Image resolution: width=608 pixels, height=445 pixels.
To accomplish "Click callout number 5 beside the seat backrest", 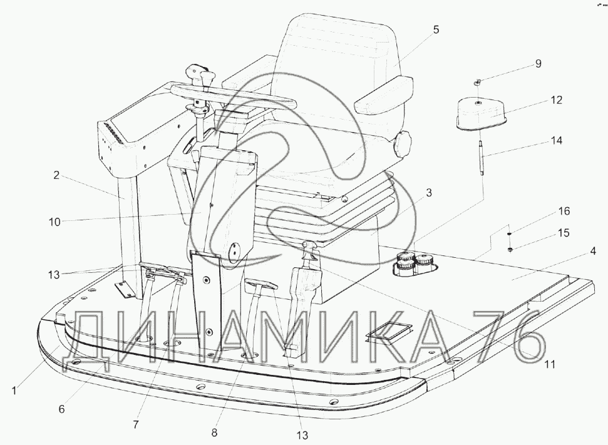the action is coord(436,29).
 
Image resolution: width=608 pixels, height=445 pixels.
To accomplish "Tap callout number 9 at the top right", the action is coord(538,64).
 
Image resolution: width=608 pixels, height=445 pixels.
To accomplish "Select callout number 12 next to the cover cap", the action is coord(557,100).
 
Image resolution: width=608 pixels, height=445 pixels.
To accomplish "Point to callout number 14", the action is coord(557,140).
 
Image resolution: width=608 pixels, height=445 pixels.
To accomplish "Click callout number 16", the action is coord(564,212).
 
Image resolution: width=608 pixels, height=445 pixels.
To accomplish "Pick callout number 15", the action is coord(564,233).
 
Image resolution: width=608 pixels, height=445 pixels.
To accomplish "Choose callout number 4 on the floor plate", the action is coord(593,251).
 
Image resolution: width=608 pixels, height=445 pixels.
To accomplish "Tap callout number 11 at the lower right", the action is coord(550,364).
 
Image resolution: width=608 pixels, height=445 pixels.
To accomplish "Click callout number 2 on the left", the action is coord(56,175).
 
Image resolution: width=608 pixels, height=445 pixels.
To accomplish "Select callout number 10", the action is coord(54,223).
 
